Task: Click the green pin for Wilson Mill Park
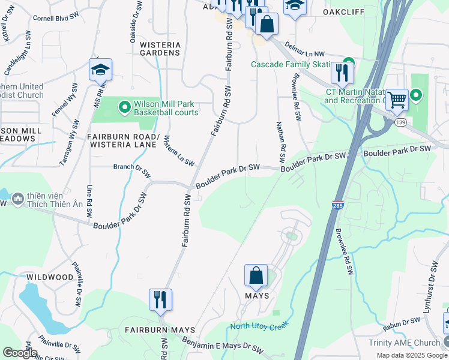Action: [x=125, y=107]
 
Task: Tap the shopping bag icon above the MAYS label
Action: [x=256, y=276]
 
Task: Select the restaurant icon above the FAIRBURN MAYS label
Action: [x=160, y=299]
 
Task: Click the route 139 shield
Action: [x=400, y=122]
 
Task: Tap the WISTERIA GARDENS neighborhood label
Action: [x=160, y=49]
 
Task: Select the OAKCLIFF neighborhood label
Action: [x=344, y=11]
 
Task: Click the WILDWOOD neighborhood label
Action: [x=50, y=277]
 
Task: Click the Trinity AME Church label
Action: [x=404, y=343]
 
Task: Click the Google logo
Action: [x=20, y=353]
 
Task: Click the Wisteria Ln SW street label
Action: [x=179, y=151]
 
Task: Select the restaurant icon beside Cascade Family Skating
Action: [x=342, y=73]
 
